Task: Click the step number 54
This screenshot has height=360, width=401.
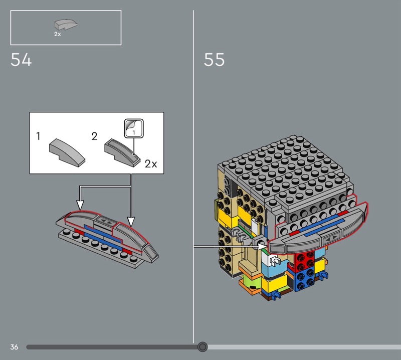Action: tap(21, 60)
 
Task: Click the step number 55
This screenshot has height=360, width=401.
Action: tap(214, 60)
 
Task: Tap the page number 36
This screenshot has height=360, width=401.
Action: tap(14, 347)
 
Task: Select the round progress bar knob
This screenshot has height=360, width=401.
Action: tap(203, 347)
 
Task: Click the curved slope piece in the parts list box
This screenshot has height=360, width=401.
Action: tap(66, 24)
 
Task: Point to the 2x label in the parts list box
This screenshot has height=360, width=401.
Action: tap(58, 34)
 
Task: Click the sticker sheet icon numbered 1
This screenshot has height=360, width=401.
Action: tap(134, 128)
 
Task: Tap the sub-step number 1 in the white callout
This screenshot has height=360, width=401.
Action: tap(38, 136)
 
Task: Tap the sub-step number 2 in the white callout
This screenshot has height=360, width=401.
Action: tap(94, 136)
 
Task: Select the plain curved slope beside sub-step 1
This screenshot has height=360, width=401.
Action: tap(67, 153)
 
